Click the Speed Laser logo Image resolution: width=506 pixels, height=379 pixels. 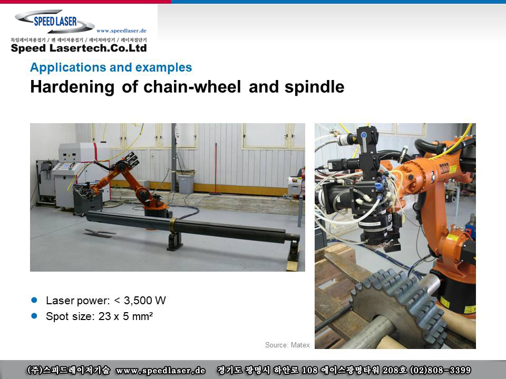(55, 21)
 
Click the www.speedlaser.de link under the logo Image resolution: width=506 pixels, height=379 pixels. (121, 31)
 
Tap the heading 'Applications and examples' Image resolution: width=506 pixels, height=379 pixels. (111, 67)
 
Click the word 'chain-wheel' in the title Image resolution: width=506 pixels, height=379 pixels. (192, 87)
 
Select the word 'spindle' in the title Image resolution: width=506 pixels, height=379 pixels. (314, 87)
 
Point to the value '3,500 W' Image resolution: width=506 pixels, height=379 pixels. (145, 301)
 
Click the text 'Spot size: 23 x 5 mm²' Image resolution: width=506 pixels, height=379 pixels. (99, 316)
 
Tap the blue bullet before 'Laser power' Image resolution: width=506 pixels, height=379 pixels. (34, 301)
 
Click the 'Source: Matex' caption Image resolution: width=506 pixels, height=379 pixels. (287, 345)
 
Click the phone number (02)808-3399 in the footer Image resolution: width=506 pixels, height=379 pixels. (440, 370)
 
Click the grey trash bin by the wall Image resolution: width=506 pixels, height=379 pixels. (186, 184)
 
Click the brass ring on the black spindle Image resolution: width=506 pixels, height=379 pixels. (173, 225)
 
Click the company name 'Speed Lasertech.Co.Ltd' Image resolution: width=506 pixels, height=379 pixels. (79, 48)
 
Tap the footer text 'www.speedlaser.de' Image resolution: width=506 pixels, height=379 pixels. (161, 370)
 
